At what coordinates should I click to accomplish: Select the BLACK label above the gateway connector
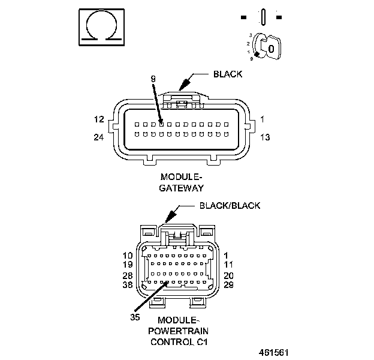pos(228,74)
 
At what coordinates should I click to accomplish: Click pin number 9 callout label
pos(153,79)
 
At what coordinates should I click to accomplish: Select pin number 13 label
pos(266,137)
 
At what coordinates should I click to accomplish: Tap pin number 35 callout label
pos(135,316)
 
